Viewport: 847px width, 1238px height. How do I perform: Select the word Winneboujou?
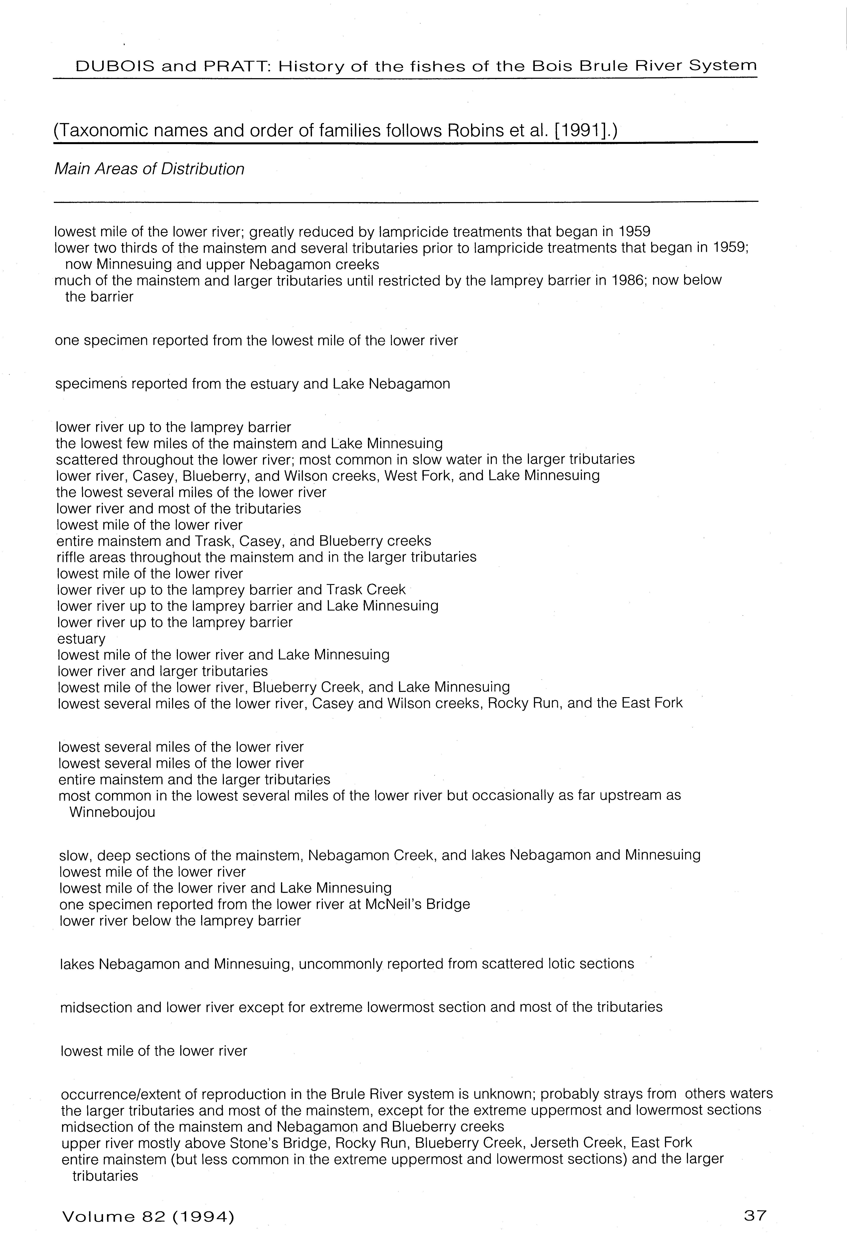(112, 812)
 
